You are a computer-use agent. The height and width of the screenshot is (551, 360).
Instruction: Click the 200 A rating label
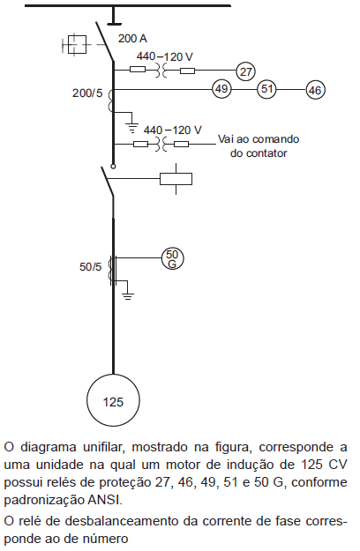[132, 38]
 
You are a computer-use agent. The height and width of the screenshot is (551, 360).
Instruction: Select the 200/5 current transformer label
[87, 93]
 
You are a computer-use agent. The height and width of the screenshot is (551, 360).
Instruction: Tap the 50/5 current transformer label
[90, 267]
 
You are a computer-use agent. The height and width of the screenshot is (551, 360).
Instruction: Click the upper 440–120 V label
[165, 56]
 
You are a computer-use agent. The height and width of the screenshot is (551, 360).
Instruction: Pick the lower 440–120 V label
[173, 130]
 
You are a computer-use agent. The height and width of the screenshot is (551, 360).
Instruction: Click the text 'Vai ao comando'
[259, 139]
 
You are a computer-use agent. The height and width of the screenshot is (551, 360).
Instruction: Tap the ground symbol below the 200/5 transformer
[132, 128]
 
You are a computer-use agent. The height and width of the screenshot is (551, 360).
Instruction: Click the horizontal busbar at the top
[128, 5]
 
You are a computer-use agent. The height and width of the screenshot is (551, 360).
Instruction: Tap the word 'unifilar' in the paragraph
[104, 447]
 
